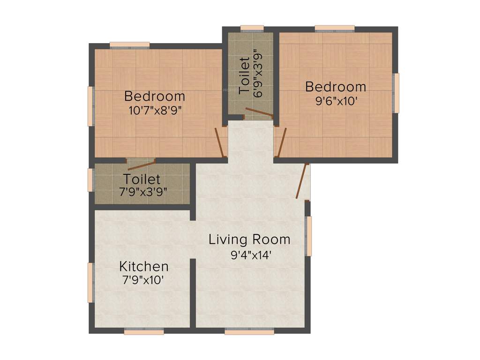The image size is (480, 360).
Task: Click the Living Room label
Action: [249, 240]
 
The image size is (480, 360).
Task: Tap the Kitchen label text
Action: [144, 267]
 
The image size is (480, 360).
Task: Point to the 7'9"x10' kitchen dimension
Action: [144, 281]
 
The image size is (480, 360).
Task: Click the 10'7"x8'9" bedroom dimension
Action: [155, 111]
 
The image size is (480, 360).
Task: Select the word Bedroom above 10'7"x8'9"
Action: [155, 97]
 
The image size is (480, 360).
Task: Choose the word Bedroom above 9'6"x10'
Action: [336, 87]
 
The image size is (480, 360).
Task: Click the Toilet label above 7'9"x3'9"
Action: [142, 179]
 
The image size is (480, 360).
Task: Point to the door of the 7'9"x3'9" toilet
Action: [141, 164]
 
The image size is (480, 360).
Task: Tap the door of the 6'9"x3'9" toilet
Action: [259, 113]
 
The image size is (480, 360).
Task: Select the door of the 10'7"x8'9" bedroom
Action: [220, 142]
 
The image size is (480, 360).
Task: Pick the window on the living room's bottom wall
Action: [249, 331]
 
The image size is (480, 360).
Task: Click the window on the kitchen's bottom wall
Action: [144, 331]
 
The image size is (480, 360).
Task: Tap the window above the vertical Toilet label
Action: [252, 27]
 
